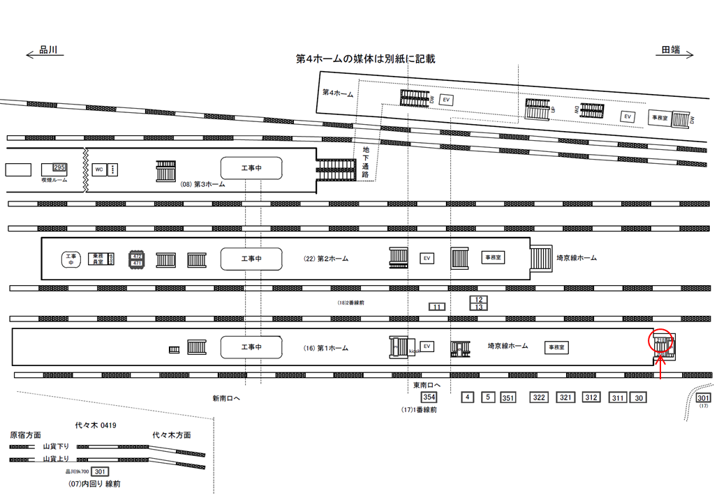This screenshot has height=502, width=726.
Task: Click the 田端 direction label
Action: coord(672,50)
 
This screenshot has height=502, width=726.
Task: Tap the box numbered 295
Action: coord(59,167)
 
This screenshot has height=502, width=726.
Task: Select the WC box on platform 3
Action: coord(99,169)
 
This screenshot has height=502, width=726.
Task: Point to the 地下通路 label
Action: coord(365,162)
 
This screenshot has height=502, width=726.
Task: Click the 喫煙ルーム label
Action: coord(54,179)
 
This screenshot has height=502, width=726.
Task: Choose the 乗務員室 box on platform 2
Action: coord(98,259)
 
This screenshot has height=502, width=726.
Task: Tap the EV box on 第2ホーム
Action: coord(427,258)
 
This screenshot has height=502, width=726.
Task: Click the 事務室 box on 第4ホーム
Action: coord(660,118)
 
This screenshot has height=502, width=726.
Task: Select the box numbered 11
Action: coord(437,307)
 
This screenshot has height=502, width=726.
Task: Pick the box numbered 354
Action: coord(429,397)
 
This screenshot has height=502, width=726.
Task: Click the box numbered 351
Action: coord(508,398)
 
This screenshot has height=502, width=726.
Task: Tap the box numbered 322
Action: coord(539,397)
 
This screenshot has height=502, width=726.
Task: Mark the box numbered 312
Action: coord(591,397)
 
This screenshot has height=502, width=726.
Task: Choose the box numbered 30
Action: coord(638,398)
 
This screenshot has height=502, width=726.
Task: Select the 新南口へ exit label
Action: coord(227,398)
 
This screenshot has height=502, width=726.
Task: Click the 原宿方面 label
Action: coord(25,435)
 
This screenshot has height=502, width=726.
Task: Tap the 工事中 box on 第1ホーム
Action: coord(251,347)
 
